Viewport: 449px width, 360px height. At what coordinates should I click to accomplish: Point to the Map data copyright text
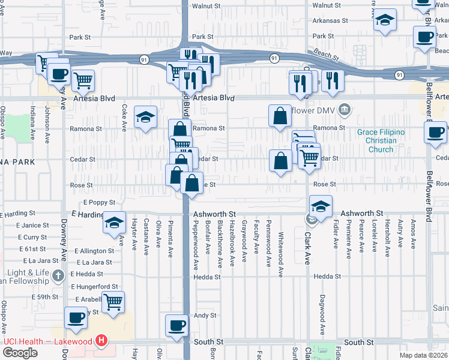tap(423, 355)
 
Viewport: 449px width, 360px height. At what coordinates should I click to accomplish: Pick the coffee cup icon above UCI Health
tap(76, 318)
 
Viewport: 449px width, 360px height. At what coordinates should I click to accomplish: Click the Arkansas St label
tap(331, 20)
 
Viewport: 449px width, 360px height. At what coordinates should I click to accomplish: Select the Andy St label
tap(203, 315)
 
